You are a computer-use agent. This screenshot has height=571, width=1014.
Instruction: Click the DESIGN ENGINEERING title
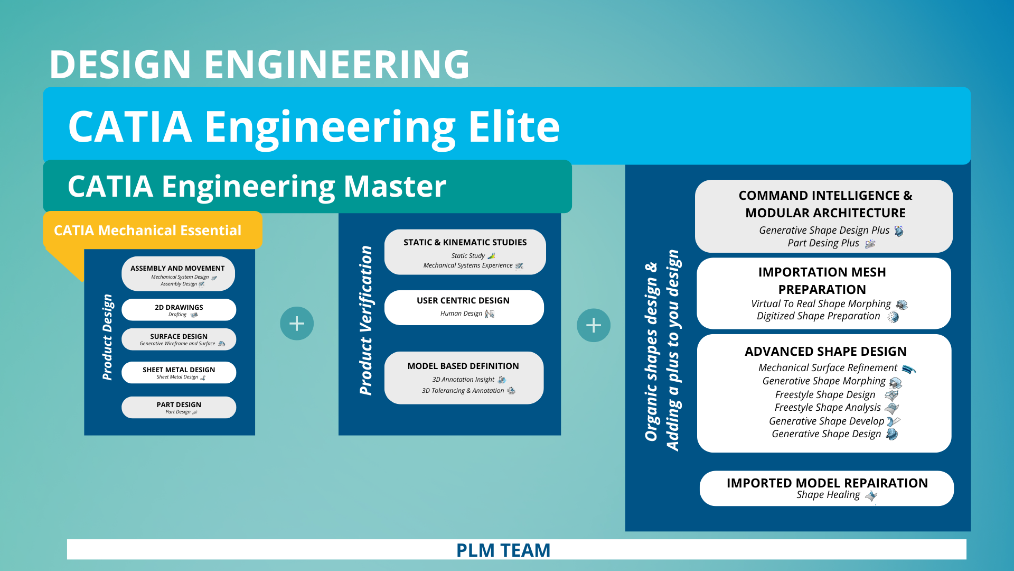tap(259, 65)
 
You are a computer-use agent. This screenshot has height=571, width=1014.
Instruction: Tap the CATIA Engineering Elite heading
tap(314, 127)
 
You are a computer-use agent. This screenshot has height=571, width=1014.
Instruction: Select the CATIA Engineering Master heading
tap(257, 187)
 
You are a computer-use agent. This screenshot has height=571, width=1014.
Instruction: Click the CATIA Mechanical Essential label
tap(147, 231)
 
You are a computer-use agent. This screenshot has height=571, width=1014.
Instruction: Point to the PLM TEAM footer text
tap(503, 550)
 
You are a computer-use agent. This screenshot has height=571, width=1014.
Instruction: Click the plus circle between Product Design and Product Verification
tap(297, 324)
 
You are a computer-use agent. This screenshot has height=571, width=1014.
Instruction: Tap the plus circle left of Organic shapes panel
tap(594, 325)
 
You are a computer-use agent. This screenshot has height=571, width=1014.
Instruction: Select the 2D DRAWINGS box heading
tap(179, 307)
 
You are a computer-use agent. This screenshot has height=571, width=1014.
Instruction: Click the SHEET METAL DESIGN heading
tap(179, 370)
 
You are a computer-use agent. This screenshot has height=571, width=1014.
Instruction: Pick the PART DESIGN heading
tap(179, 404)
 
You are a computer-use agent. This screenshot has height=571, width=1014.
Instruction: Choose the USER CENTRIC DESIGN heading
tap(463, 300)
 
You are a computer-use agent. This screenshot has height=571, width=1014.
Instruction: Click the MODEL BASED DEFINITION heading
tap(463, 366)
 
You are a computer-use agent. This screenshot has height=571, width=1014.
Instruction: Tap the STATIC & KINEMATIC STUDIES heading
tap(465, 242)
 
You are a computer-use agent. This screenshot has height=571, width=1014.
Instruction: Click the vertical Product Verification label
tap(365, 320)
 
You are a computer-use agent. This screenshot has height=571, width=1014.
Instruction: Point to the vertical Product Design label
tap(108, 337)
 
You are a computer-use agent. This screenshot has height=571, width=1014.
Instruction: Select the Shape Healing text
tap(828, 495)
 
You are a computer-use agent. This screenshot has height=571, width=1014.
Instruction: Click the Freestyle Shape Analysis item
tap(827, 408)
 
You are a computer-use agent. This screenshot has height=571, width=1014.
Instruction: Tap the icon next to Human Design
tap(490, 314)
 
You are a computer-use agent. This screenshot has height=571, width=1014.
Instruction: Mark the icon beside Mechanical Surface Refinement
tap(908, 369)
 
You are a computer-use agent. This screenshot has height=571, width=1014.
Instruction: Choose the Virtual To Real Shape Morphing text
tap(821, 304)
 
